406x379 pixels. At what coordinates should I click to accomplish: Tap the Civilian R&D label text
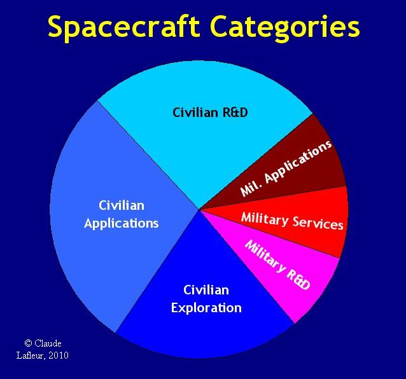pyautogui.click(x=210, y=113)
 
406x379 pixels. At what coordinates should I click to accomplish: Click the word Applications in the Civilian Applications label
pyautogui.click(x=121, y=223)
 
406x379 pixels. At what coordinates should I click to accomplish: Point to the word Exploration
pyautogui.click(x=206, y=308)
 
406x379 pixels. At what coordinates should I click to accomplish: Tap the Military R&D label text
pyautogui.click(x=277, y=265)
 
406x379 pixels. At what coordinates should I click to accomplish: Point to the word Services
pyautogui.click(x=318, y=223)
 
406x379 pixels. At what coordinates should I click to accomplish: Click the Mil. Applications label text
pyautogui.click(x=286, y=168)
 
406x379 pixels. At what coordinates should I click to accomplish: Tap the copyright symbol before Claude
pyautogui.click(x=28, y=343)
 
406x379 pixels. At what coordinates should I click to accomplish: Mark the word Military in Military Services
pyautogui.click(x=264, y=219)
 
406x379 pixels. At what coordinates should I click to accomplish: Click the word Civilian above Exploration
pyautogui.click(x=206, y=290)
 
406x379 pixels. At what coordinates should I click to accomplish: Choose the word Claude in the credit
pyautogui.click(x=48, y=343)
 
